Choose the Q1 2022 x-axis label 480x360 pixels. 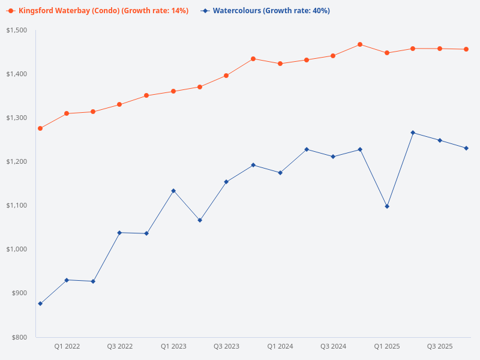(x=67, y=346)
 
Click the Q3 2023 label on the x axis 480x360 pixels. (x=227, y=346)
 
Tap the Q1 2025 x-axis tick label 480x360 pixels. (x=387, y=346)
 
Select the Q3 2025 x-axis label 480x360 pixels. (x=440, y=346)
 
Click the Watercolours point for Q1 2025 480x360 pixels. (x=387, y=206)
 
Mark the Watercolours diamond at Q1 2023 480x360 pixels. (x=173, y=191)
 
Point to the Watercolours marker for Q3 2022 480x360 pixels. (x=119, y=233)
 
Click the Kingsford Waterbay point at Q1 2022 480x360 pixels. (x=67, y=113)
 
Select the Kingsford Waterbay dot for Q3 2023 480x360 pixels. (x=226, y=76)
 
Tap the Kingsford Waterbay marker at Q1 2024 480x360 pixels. (x=280, y=64)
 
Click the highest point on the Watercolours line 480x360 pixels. (x=413, y=133)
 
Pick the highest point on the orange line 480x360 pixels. (x=360, y=44)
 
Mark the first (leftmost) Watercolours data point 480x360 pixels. (x=40, y=304)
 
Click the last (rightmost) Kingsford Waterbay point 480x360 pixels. (x=466, y=49)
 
